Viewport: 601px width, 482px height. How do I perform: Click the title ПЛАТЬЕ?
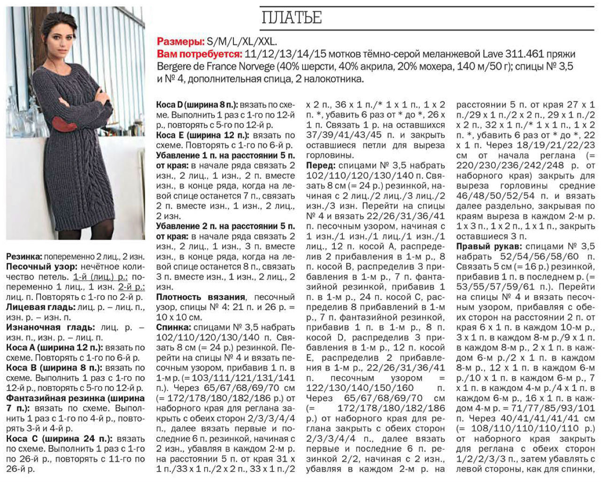[x=291, y=17]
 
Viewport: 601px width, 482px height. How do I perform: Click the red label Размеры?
[x=180, y=42]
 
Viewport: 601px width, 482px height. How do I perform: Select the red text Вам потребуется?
[x=200, y=54]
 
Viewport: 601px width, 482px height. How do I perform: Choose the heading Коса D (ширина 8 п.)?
[x=197, y=104]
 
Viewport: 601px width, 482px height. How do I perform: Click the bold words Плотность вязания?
[x=200, y=297]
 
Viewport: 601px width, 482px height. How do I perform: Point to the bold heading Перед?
[x=321, y=166]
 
